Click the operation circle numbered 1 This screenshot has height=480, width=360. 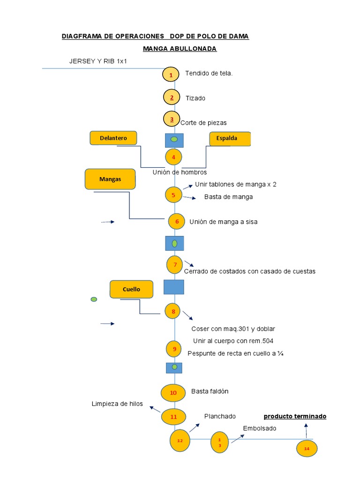click(x=171, y=75)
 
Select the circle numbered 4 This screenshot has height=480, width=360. click(x=173, y=157)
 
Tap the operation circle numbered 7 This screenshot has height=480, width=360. click(x=175, y=265)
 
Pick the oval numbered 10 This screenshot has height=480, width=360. click(x=173, y=393)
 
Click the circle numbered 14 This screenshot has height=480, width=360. click(x=307, y=449)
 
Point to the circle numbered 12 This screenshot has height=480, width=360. click(x=180, y=441)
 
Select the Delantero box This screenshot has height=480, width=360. click(x=113, y=138)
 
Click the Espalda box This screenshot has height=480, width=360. click(x=230, y=139)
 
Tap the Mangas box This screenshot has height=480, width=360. click(x=110, y=179)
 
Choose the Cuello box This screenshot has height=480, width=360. click(x=132, y=289)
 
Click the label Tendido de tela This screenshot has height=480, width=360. click(x=209, y=73)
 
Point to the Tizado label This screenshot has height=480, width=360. click(x=195, y=98)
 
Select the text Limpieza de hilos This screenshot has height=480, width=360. click(x=117, y=404)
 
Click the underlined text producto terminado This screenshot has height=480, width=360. click(x=295, y=416)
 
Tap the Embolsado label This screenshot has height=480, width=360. click(x=260, y=428)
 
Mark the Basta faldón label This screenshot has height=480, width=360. click(x=210, y=391)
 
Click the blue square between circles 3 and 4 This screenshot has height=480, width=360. click(x=174, y=139)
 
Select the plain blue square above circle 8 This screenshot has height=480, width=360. click(x=173, y=287)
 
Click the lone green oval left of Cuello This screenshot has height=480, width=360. click(x=94, y=299)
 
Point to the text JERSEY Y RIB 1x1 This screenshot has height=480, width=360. click(x=98, y=61)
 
